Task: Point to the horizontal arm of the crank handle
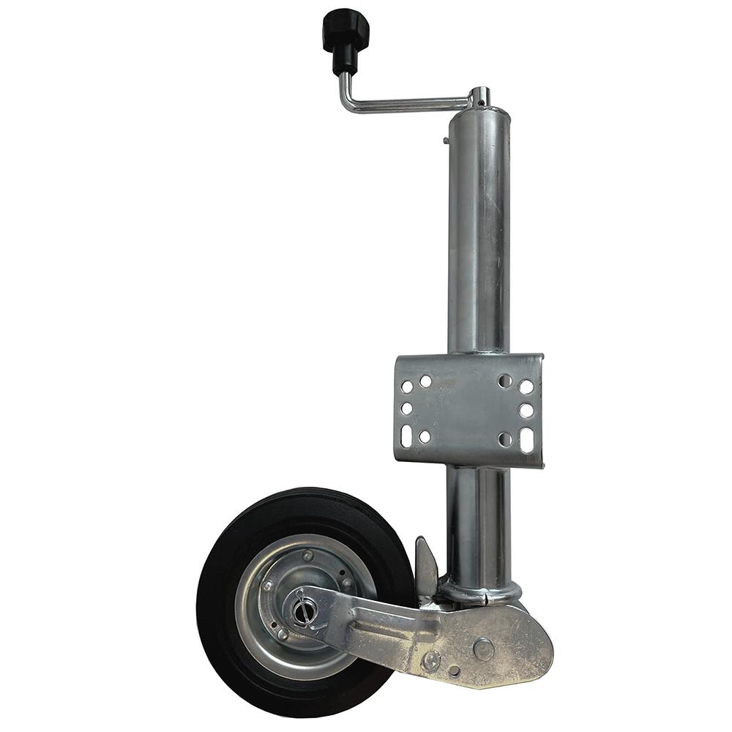(x=410, y=105)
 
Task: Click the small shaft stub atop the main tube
(x=479, y=96)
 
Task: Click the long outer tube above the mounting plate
(x=479, y=234)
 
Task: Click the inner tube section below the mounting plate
(x=479, y=520)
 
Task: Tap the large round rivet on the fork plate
(x=483, y=647)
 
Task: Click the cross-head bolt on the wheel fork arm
(x=433, y=662)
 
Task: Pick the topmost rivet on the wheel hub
(x=308, y=557)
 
